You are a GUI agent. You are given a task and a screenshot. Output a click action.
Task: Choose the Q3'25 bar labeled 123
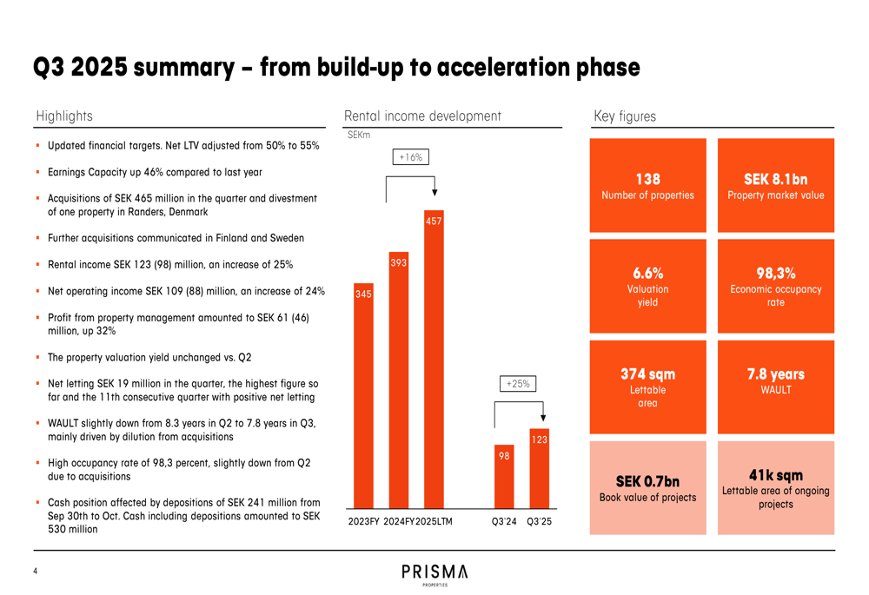(x=540, y=469)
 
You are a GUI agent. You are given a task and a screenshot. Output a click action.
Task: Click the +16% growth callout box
(x=410, y=157)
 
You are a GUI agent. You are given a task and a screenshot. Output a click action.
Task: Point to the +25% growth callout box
(x=518, y=383)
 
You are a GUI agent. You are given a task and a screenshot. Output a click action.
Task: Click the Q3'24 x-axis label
(x=504, y=522)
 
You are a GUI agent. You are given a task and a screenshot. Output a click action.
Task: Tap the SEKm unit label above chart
(x=358, y=135)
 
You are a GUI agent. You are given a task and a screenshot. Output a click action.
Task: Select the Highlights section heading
(x=64, y=116)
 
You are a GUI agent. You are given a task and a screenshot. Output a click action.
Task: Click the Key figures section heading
(x=625, y=116)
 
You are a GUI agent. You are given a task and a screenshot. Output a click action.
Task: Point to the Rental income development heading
(x=422, y=116)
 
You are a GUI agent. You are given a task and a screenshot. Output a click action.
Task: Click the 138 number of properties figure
(x=647, y=179)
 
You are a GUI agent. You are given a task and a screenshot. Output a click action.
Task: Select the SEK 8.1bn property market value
(x=775, y=179)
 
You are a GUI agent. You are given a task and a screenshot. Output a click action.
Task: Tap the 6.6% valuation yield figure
(x=647, y=274)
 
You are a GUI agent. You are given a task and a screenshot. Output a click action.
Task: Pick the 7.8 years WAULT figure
(x=775, y=374)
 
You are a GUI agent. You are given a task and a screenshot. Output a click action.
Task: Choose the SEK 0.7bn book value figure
(x=647, y=481)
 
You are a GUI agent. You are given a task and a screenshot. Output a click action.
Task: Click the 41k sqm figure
(x=775, y=475)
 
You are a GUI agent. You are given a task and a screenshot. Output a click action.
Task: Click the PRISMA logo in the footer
(x=434, y=572)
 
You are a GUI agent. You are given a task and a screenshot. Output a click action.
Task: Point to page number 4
(x=35, y=571)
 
